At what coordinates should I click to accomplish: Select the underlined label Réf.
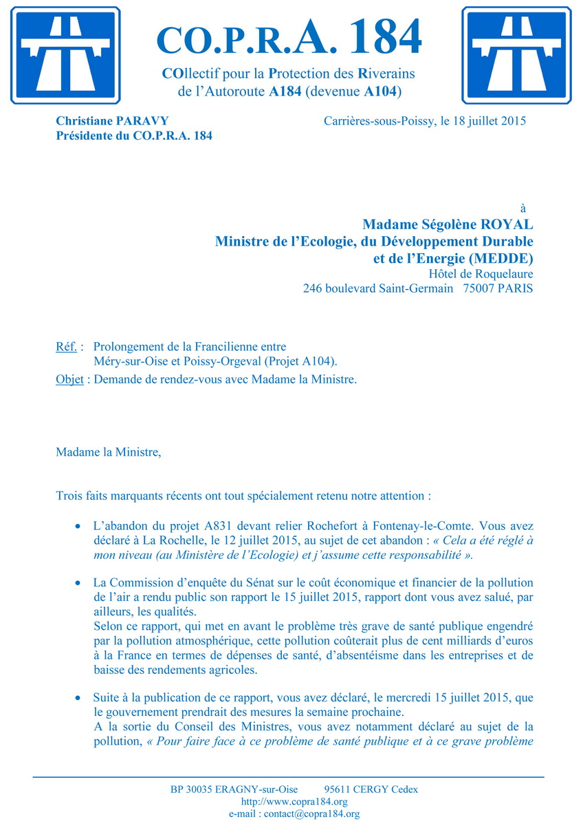(66, 347)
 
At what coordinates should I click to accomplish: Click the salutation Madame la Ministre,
(109, 452)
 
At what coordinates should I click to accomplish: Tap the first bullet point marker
(78, 525)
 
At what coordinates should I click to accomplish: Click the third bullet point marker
(78, 698)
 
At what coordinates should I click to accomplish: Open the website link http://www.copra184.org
(294, 802)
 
